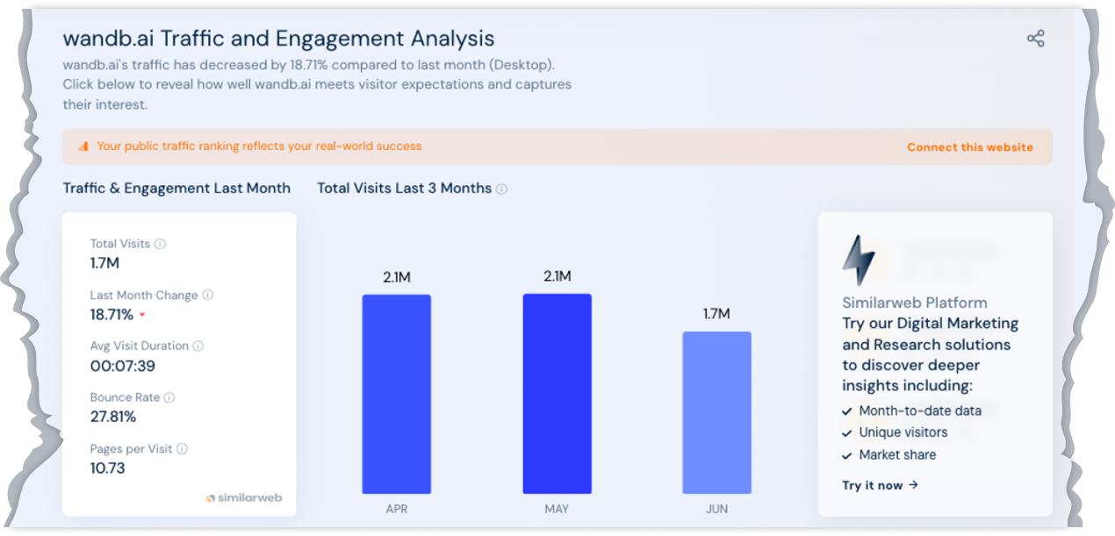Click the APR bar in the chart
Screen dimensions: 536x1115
[396, 394]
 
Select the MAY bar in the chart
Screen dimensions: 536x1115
[557, 394]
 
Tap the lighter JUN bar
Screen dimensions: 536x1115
[716, 412]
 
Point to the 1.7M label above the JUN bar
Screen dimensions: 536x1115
[716, 314]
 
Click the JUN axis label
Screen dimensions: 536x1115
[716, 509]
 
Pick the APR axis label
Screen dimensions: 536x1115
[396, 509]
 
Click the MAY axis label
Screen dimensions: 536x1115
[557, 509]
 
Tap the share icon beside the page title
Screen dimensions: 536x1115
[1036, 39]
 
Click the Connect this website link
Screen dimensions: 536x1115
[970, 147]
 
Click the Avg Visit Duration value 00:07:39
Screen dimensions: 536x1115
[123, 366]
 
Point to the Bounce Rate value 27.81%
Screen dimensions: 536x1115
[113, 417]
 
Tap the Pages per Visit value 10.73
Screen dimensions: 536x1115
[108, 468]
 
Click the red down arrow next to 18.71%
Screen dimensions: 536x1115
[142, 315]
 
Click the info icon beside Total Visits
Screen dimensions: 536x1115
[161, 244]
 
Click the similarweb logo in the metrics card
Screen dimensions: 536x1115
[244, 497]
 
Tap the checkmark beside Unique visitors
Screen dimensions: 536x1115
[847, 432]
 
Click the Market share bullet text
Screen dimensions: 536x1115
[897, 454]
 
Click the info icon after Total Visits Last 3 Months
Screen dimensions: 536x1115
[501, 189]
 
